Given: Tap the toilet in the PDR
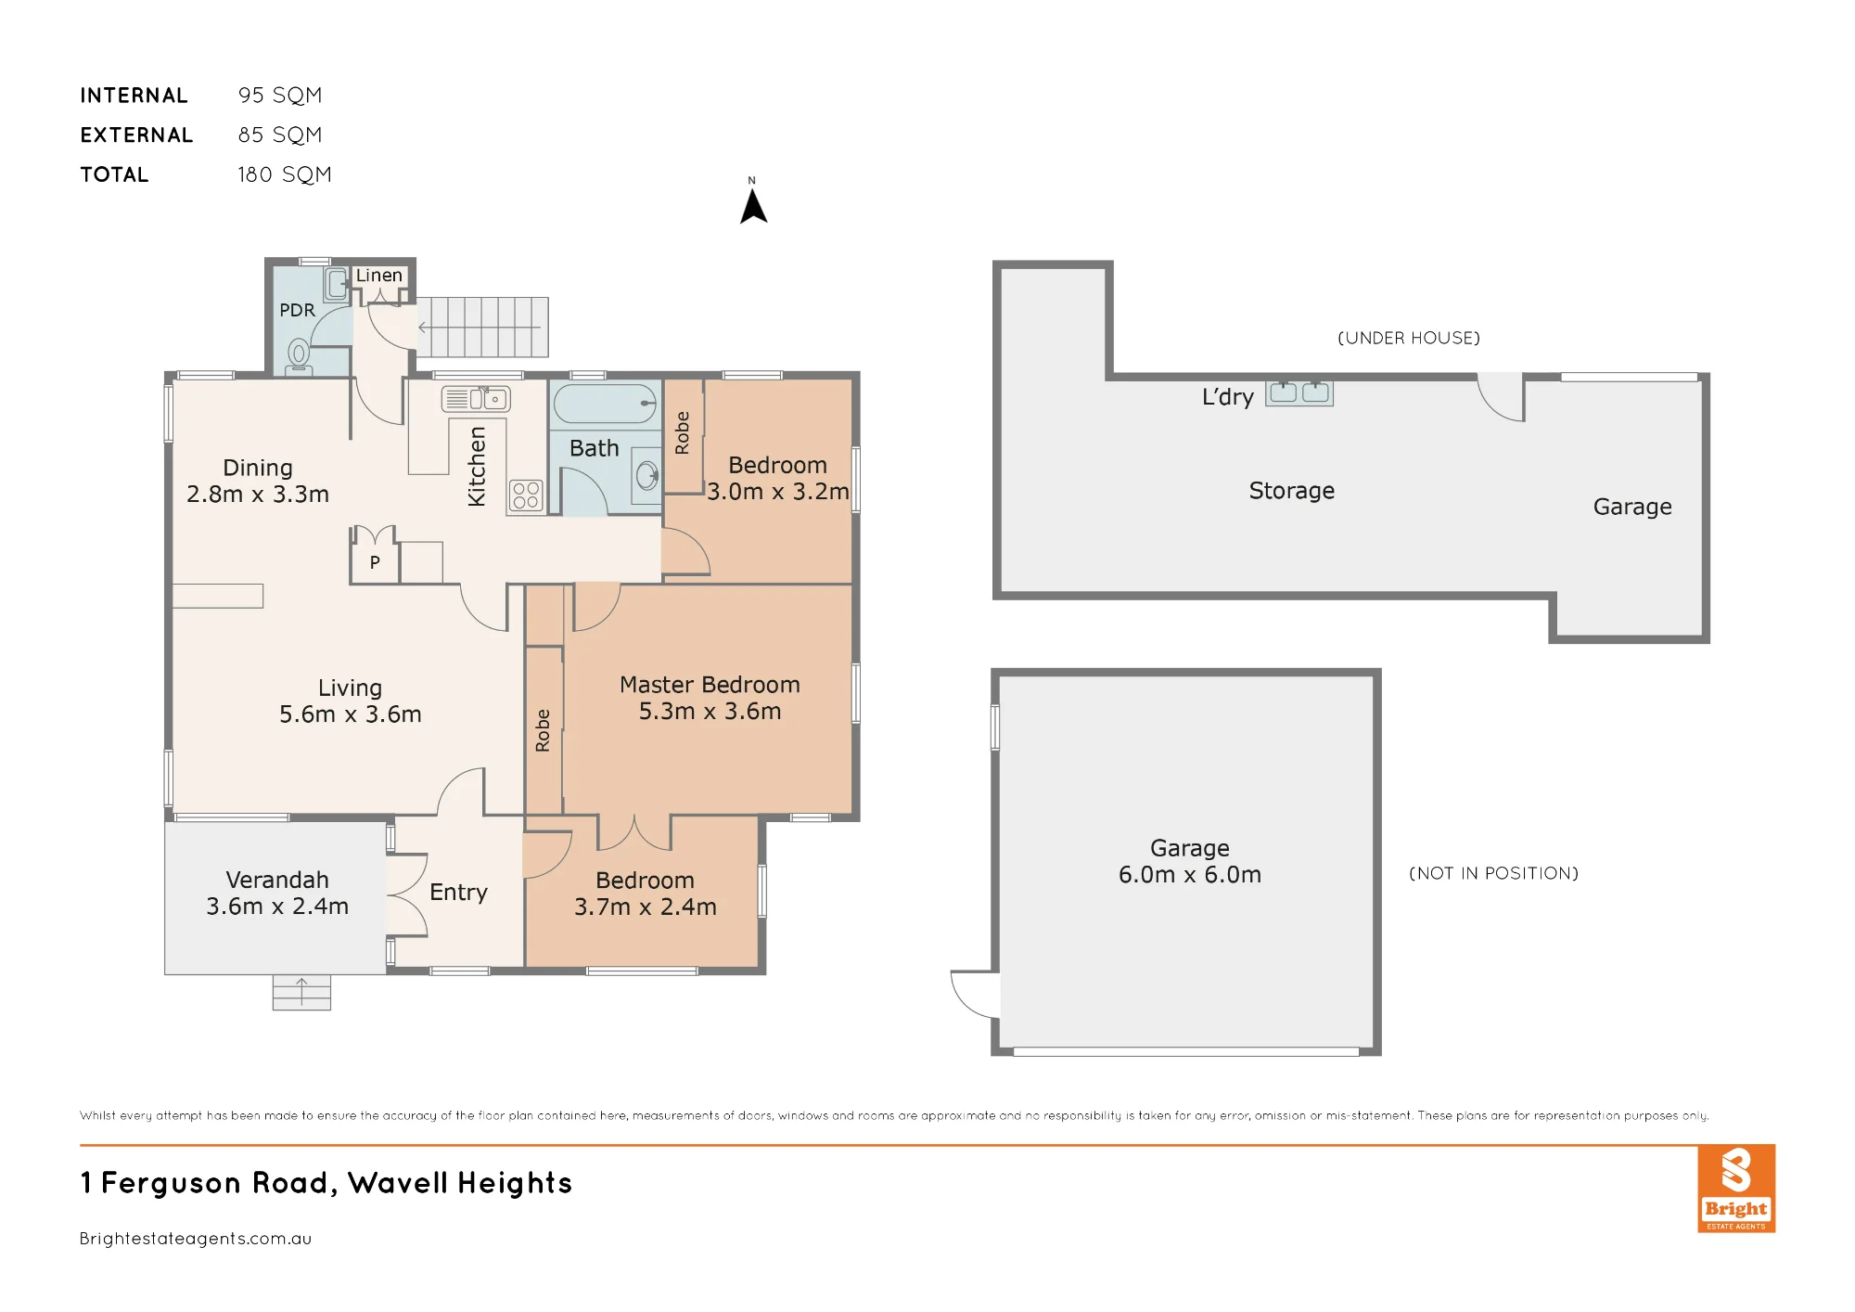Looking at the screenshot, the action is coord(299,356).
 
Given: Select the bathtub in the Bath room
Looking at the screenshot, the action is coord(605,405).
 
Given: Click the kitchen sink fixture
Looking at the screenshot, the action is coord(476,399).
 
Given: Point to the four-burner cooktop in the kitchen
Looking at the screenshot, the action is coord(526,495).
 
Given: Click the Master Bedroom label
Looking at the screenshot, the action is coord(710,685).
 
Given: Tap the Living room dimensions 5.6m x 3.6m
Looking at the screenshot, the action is coord(351,714).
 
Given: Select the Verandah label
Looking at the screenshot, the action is coord(277,880).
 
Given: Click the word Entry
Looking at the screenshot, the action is coord(458,893).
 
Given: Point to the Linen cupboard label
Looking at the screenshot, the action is coord(379,276).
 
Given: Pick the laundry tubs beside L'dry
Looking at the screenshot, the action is coord(1299,393).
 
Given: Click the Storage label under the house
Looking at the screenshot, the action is coord(1292,491).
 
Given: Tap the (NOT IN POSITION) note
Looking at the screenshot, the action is coord(1493,873).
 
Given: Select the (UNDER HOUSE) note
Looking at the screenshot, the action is coord(1409,338).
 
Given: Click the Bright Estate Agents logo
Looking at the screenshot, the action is coord(1736,1189).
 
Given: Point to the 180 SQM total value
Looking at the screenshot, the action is coord(285,174).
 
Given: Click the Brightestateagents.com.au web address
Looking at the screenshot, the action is coord(196,1239).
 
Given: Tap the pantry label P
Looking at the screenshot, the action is coord(375,562).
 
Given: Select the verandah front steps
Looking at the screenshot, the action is coord(301,992).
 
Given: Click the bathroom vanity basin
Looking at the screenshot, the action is coord(646,477).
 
